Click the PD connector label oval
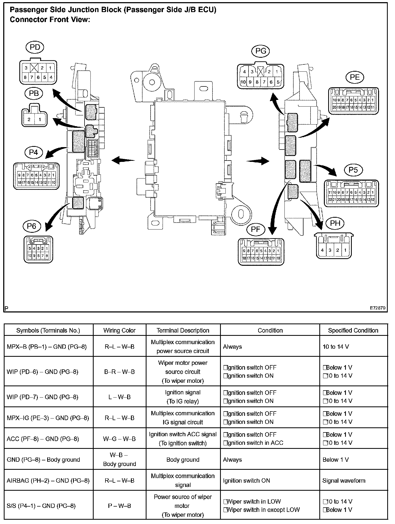(x=35, y=48)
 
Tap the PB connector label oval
(x=34, y=93)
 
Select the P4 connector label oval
(x=34, y=153)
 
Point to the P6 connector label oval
(x=32, y=226)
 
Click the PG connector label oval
(x=261, y=51)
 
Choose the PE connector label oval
(x=355, y=77)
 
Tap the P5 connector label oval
(x=353, y=170)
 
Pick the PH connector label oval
(x=335, y=223)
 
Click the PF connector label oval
(x=256, y=230)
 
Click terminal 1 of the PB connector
(x=40, y=119)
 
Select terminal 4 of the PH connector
(x=322, y=250)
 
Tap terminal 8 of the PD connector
(x=25, y=78)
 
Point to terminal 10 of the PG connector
(x=243, y=82)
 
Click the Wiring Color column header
(x=119, y=330)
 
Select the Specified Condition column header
(x=353, y=330)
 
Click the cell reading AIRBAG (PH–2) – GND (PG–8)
(x=48, y=481)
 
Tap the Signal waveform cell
(x=344, y=481)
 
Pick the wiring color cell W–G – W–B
(x=119, y=439)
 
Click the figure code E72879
(x=378, y=308)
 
